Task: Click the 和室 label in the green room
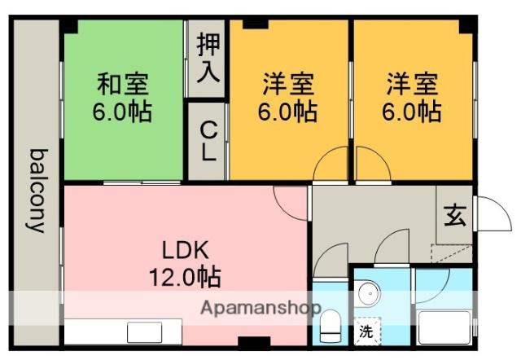click(123, 84)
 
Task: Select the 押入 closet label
click(208, 58)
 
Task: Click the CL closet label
click(208, 139)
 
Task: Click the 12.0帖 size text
click(185, 277)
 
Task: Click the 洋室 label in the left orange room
click(288, 84)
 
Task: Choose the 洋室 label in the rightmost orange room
click(412, 84)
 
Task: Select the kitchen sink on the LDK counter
click(145, 331)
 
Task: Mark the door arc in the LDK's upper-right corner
click(290, 200)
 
